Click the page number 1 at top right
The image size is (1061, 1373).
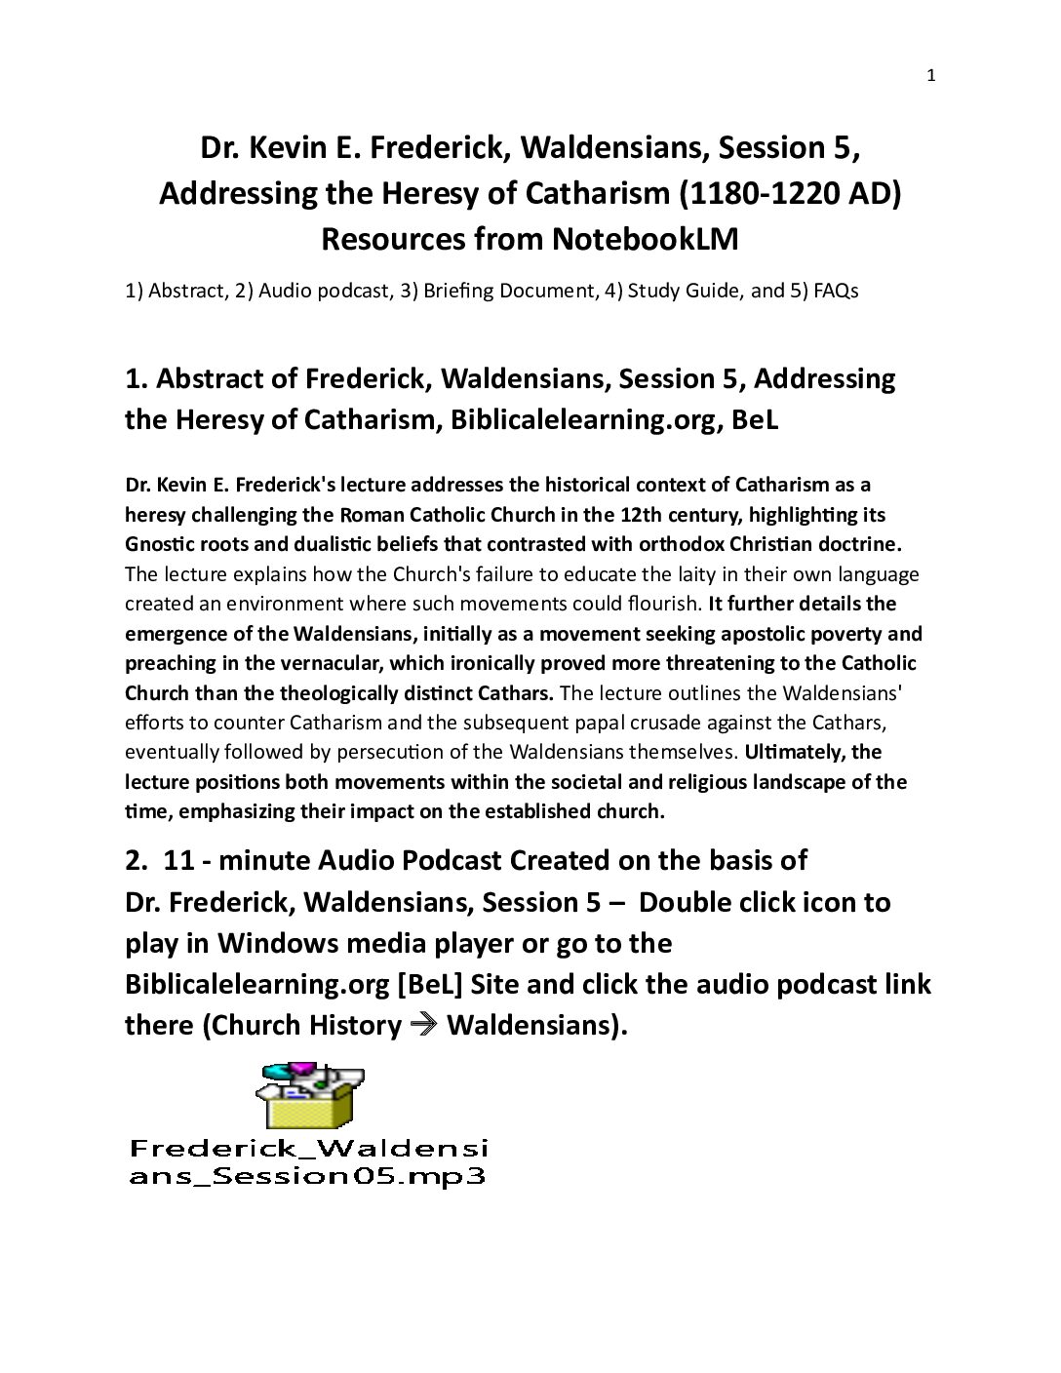(930, 76)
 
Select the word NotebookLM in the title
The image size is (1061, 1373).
(645, 239)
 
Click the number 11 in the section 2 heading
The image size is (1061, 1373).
(179, 860)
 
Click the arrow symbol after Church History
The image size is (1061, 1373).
(424, 1025)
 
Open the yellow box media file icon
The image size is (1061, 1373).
(309, 1096)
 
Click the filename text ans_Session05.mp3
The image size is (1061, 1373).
(307, 1175)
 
